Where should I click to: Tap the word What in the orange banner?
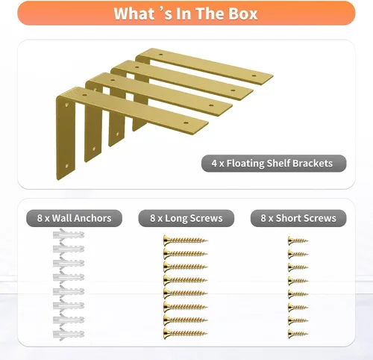(134, 13)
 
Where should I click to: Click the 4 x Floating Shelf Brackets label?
(274, 164)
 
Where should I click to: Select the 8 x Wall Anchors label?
(74, 218)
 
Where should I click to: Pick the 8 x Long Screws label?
(186, 218)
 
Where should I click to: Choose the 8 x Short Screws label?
(298, 218)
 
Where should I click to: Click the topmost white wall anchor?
(69, 235)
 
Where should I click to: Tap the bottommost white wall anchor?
(69, 334)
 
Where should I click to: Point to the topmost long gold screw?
(185, 240)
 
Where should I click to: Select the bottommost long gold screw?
(185, 333)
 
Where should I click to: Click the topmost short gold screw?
(298, 240)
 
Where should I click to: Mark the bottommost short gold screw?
(298, 334)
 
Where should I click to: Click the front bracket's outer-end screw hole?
(186, 122)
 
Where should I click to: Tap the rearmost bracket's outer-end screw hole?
(254, 75)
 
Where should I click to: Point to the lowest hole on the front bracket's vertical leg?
(66, 166)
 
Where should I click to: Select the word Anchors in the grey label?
(93, 218)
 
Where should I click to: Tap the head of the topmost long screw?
(166, 240)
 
